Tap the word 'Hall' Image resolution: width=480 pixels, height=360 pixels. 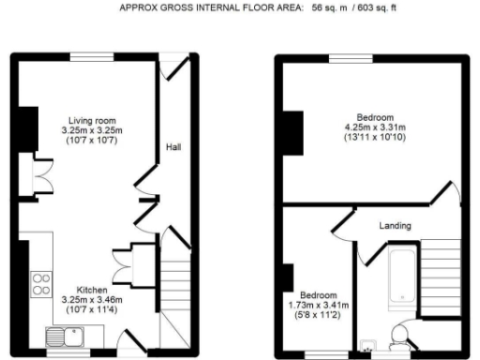173,147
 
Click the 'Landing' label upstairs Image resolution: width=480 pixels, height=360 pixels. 394,226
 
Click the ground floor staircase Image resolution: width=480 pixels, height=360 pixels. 175,300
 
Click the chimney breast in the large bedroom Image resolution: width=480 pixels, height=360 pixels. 294,132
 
